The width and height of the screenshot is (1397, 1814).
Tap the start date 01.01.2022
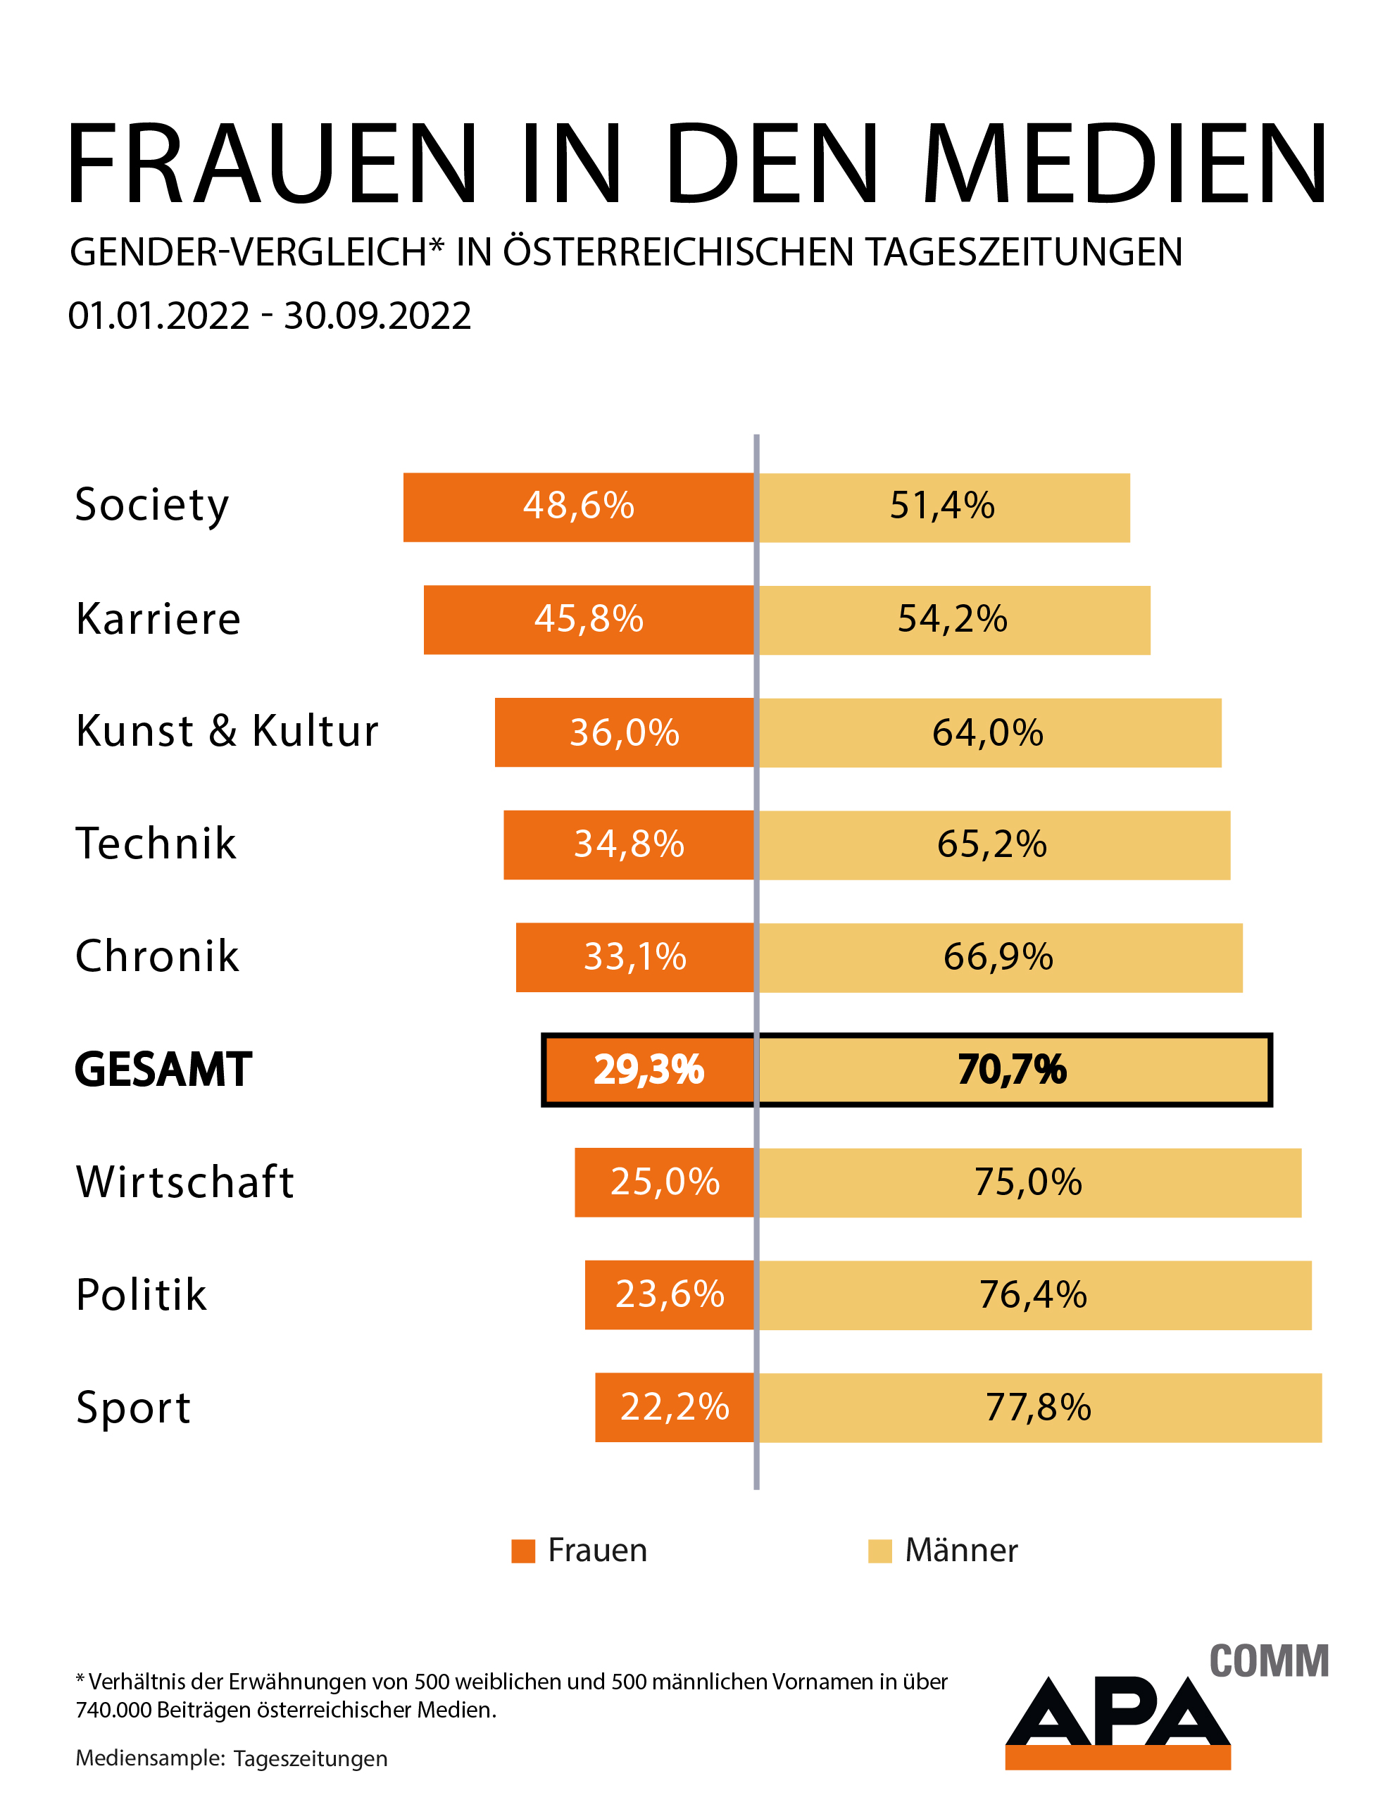click(x=158, y=315)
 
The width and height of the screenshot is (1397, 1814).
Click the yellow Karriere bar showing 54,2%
click(x=953, y=620)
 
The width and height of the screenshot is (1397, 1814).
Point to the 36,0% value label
click(x=625, y=732)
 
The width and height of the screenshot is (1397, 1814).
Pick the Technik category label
click(x=156, y=844)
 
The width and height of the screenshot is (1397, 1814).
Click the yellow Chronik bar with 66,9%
click(x=1000, y=957)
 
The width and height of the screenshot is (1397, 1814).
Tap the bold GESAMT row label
click(x=163, y=1069)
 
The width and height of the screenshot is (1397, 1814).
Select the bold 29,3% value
click(x=649, y=1070)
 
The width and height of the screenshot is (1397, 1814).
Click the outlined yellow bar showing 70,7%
click(x=1013, y=1070)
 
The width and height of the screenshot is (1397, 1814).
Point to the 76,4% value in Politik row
click(x=1033, y=1295)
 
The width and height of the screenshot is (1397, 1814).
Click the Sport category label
click(x=133, y=1407)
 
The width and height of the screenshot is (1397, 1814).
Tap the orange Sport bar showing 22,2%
click(x=675, y=1407)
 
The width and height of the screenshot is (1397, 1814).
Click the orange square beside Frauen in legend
click(x=523, y=1551)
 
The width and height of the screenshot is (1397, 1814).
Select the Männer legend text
click(x=961, y=1551)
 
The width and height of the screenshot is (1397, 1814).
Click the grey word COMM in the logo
click(x=1268, y=1662)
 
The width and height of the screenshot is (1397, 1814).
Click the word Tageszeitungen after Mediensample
click(x=311, y=1758)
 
